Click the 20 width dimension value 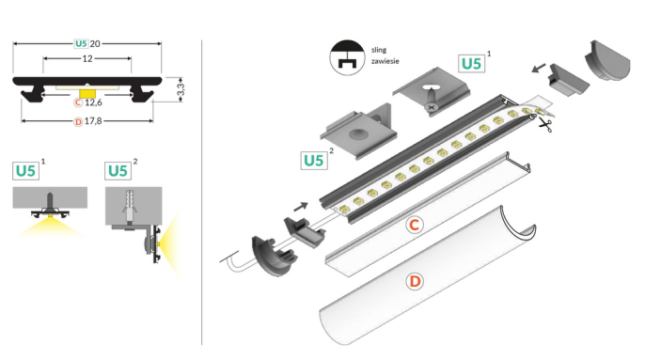[95, 43]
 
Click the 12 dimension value [87, 59]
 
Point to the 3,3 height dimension [181, 89]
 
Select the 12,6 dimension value [93, 102]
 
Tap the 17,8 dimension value [93, 121]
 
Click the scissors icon [545, 125]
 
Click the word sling [379, 50]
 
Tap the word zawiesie [385, 61]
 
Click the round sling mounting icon [347, 57]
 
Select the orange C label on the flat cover [415, 225]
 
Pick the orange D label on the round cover [415, 281]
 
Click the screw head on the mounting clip [431, 107]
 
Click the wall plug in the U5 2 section [129, 206]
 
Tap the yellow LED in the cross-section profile [87, 93]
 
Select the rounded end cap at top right [607, 60]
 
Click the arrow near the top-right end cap [539, 68]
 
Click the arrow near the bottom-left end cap [301, 207]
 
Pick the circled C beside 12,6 [78, 102]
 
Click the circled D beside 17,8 [78, 122]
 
